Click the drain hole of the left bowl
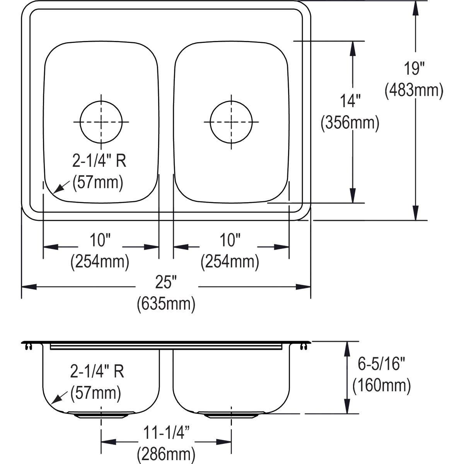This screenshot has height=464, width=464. (x=101, y=121)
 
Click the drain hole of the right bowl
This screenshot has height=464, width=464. (x=231, y=121)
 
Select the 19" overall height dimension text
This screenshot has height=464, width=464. (x=414, y=69)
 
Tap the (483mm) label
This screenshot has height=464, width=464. (x=414, y=90)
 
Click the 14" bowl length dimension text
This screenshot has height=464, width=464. (x=350, y=101)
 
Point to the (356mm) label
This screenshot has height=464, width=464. (x=350, y=123)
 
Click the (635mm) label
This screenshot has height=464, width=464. (x=166, y=304)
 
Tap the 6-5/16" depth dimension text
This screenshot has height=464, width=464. (x=381, y=364)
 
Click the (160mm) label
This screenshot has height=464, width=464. (x=381, y=385)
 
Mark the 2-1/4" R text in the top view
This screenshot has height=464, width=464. (x=99, y=161)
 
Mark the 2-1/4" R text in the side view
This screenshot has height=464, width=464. (x=97, y=372)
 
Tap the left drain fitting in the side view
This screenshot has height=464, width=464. (x=101, y=415)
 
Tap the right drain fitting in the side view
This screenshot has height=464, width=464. (x=231, y=415)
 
